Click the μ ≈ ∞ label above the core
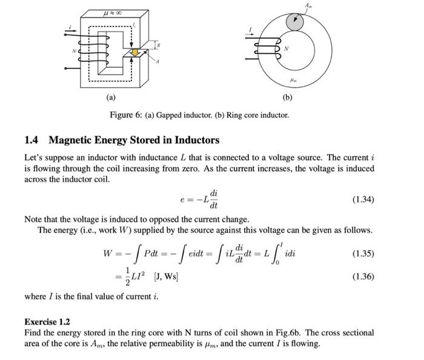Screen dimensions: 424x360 tap(113, 11)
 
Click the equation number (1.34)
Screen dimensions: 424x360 tap(363, 198)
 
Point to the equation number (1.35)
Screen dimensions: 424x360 tap(363, 253)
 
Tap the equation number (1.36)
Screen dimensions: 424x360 tap(363, 276)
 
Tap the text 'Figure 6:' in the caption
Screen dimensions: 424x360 tap(125, 115)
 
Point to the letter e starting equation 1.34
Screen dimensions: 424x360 tap(182, 199)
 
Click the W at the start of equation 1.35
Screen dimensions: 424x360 tap(110, 254)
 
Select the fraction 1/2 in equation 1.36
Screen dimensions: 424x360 tap(128, 277)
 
